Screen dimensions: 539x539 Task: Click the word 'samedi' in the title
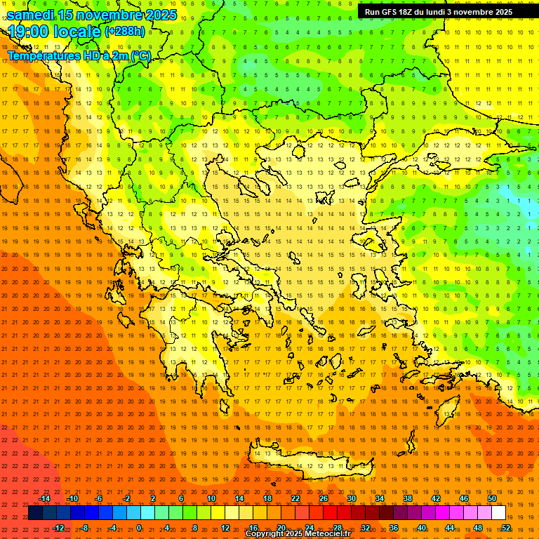[x=31, y=15]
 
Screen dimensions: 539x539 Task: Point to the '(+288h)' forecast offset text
[x=125, y=32]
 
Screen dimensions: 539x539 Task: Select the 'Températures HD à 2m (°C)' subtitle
[x=79, y=55]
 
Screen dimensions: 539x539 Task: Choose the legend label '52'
[x=506, y=528]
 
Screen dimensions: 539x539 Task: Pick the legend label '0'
[x=139, y=528]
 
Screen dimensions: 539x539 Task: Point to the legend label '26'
[x=324, y=498]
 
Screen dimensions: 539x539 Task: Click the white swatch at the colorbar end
[x=498, y=513]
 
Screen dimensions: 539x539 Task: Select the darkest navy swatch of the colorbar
[x=35, y=513]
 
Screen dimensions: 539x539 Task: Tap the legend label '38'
[x=408, y=498]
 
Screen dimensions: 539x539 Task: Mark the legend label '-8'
[x=84, y=528]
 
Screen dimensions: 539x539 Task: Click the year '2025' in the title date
[x=161, y=15]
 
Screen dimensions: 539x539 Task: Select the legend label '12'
[x=225, y=528]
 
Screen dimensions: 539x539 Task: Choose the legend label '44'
[x=450, y=528]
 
